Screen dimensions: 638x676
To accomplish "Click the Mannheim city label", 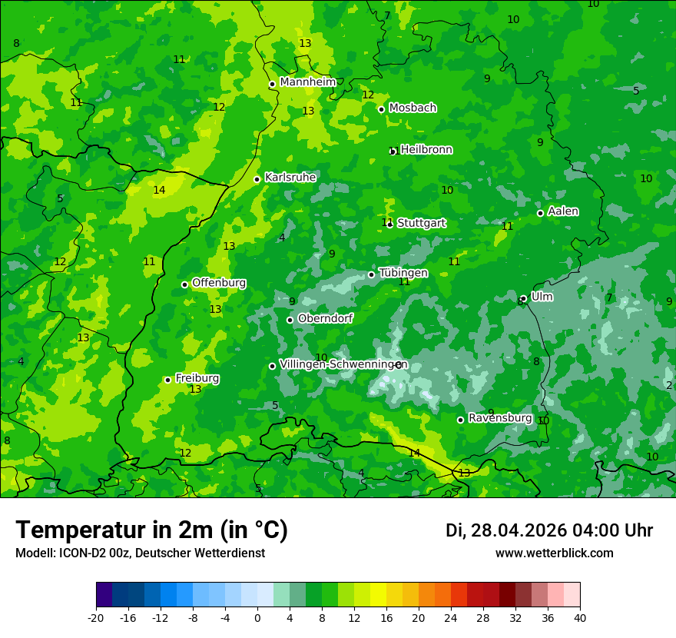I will click(x=308, y=82).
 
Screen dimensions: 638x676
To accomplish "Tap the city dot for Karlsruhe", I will click(x=257, y=179).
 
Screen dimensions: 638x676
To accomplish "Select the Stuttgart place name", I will click(x=421, y=223).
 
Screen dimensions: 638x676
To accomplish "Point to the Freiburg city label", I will click(x=197, y=378).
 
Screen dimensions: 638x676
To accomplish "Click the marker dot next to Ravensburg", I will click(x=460, y=420).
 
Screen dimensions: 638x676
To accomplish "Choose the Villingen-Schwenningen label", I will click(x=343, y=364).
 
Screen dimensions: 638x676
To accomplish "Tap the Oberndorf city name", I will click(x=325, y=318).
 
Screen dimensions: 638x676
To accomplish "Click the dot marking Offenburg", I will click(x=184, y=284).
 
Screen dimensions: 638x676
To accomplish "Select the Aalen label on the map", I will click(x=563, y=211).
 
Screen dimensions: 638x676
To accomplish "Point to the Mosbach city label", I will click(x=413, y=108).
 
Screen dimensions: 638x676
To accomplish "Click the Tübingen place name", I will click(x=403, y=273).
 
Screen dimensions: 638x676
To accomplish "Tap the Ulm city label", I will click(x=542, y=297).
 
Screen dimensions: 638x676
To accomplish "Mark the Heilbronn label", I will click(x=426, y=150).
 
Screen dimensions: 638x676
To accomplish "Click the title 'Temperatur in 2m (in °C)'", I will click(x=151, y=530).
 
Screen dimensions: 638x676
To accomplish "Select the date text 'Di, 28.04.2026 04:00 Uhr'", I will click(x=549, y=530).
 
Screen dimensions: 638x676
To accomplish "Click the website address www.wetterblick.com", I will click(x=554, y=553).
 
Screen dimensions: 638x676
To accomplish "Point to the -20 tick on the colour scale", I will click(x=96, y=617).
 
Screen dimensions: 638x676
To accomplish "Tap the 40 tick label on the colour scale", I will click(x=580, y=617).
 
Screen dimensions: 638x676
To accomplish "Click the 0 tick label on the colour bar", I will click(x=257, y=617).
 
